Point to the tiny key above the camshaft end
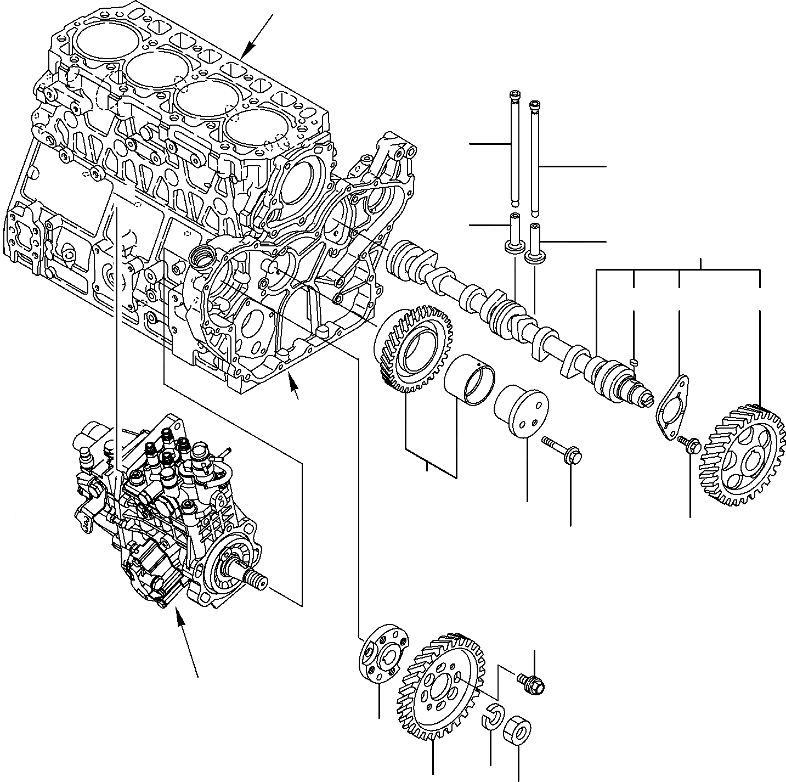633,361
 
